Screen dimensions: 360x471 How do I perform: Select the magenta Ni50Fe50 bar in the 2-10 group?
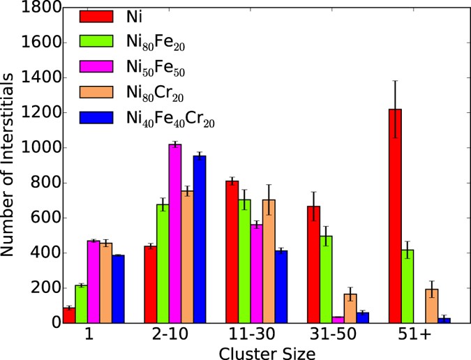[x=174, y=234]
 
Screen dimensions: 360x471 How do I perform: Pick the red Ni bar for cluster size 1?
[x=68, y=315]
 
